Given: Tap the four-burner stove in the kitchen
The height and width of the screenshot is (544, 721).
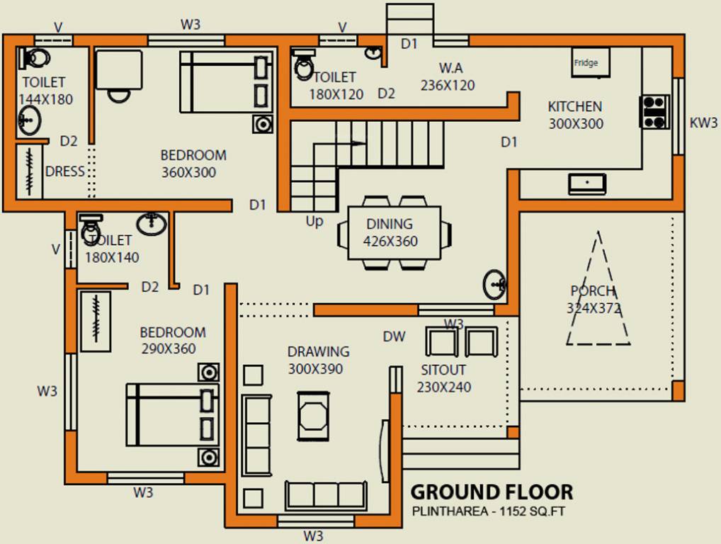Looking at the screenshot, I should [654, 112].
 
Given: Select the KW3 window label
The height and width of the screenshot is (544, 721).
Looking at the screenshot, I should [703, 123].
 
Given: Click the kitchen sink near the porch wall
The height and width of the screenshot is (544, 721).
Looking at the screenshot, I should [587, 183].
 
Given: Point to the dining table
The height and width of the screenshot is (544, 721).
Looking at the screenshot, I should [393, 232].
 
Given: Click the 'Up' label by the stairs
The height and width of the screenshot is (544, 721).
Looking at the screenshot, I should [314, 221].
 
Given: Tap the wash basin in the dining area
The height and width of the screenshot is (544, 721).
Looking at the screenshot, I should [496, 284].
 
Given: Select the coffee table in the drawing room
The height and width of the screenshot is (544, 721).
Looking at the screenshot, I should [312, 412].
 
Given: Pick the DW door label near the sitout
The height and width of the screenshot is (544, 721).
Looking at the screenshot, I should [394, 336].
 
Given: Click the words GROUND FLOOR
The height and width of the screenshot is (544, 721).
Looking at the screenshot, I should [492, 492].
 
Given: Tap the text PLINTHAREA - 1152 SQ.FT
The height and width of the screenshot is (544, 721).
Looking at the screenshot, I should [489, 511].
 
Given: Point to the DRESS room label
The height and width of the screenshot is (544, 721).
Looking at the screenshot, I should [64, 171].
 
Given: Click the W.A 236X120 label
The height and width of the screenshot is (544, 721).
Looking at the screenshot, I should [448, 76].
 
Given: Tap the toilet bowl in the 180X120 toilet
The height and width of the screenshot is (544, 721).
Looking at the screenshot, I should [305, 65].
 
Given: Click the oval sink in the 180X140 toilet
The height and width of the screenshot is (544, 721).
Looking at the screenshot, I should [151, 224].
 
